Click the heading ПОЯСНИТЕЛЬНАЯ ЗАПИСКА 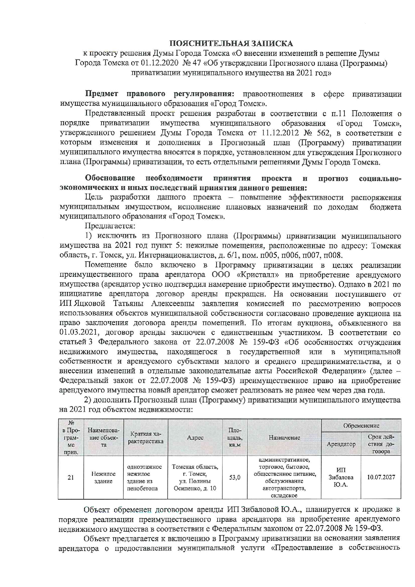[231, 44]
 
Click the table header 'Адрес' [195, 437]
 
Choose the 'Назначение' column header [284, 437]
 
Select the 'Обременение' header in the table [361, 426]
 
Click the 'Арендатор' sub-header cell [341, 444]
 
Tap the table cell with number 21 [71, 478]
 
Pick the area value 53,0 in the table [235, 478]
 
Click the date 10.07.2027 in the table [381, 477]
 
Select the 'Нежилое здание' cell [104, 478]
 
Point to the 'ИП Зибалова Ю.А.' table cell [341, 478]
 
